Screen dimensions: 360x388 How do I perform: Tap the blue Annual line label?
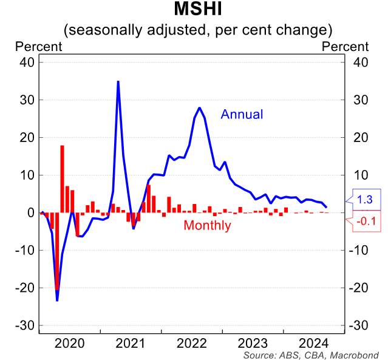pyautogui.click(x=242, y=114)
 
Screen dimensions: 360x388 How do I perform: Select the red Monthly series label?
pyautogui.click(x=207, y=226)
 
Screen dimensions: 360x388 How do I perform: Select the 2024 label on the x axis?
pyautogui.click(x=315, y=342)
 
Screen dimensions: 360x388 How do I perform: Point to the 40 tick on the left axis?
pyautogui.click(x=28, y=62)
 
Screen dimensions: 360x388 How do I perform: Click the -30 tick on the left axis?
pyautogui.click(x=26, y=325)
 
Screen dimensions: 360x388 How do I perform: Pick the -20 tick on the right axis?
pyautogui.click(x=359, y=288)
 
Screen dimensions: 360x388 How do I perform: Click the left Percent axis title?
pyautogui.click(x=38, y=46)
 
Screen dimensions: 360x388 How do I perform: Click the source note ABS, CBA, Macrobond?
pyautogui.click(x=311, y=355)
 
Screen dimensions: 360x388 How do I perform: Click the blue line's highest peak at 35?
pyautogui.click(x=118, y=81)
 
